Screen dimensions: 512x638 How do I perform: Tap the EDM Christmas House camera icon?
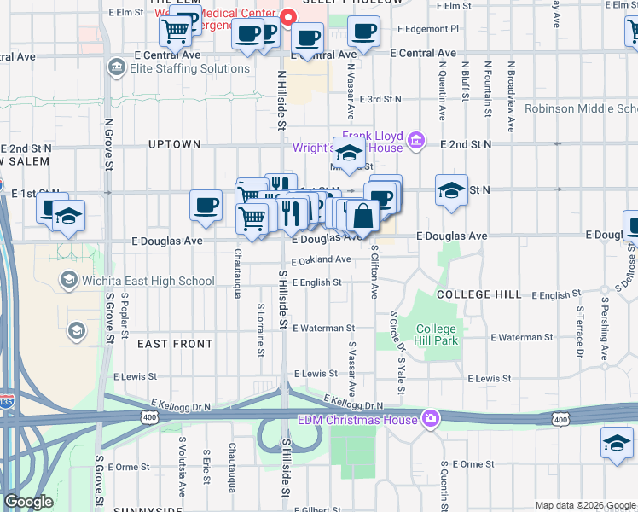pos(432,419)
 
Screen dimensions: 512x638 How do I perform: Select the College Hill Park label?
pos(437,335)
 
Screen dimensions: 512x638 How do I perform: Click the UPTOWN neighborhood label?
pos(174,144)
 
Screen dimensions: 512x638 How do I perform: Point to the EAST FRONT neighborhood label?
pos(174,344)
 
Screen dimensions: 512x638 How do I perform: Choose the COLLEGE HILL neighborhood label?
pos(478,294)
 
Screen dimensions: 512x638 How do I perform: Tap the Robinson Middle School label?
pos(580,108)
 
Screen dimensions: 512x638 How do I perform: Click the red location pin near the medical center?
pos(287,16)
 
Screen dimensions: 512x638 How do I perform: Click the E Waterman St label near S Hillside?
pos(323,328)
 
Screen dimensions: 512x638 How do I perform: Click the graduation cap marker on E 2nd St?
pos(348,154)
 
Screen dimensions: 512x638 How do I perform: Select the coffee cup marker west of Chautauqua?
pos(206,205)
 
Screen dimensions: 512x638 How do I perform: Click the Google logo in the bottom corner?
pos(28,502)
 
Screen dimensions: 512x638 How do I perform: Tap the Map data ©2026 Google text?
pos(584,505)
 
